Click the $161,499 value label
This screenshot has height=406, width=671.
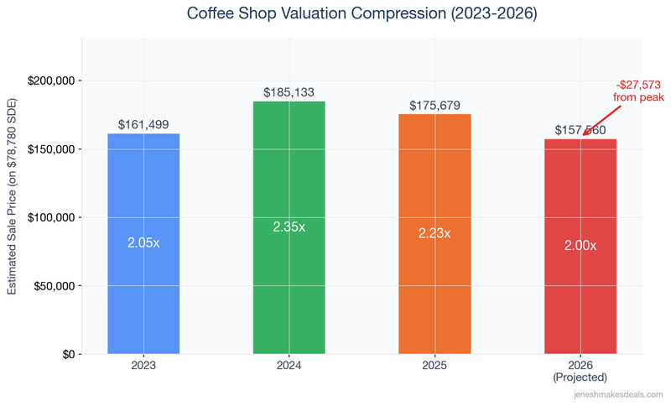[143, 125]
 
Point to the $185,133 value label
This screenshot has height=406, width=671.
[289, 92]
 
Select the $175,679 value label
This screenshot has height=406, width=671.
[434, 106]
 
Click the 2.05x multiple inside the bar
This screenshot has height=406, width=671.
[143, 242]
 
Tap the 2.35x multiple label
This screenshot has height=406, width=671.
[289, 226]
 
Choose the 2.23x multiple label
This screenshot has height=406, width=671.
[434, 233]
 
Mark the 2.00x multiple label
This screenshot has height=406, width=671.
[580, 246]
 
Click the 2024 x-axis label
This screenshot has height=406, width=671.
[289, 366]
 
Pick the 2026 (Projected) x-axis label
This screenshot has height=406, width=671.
[580, 372]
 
